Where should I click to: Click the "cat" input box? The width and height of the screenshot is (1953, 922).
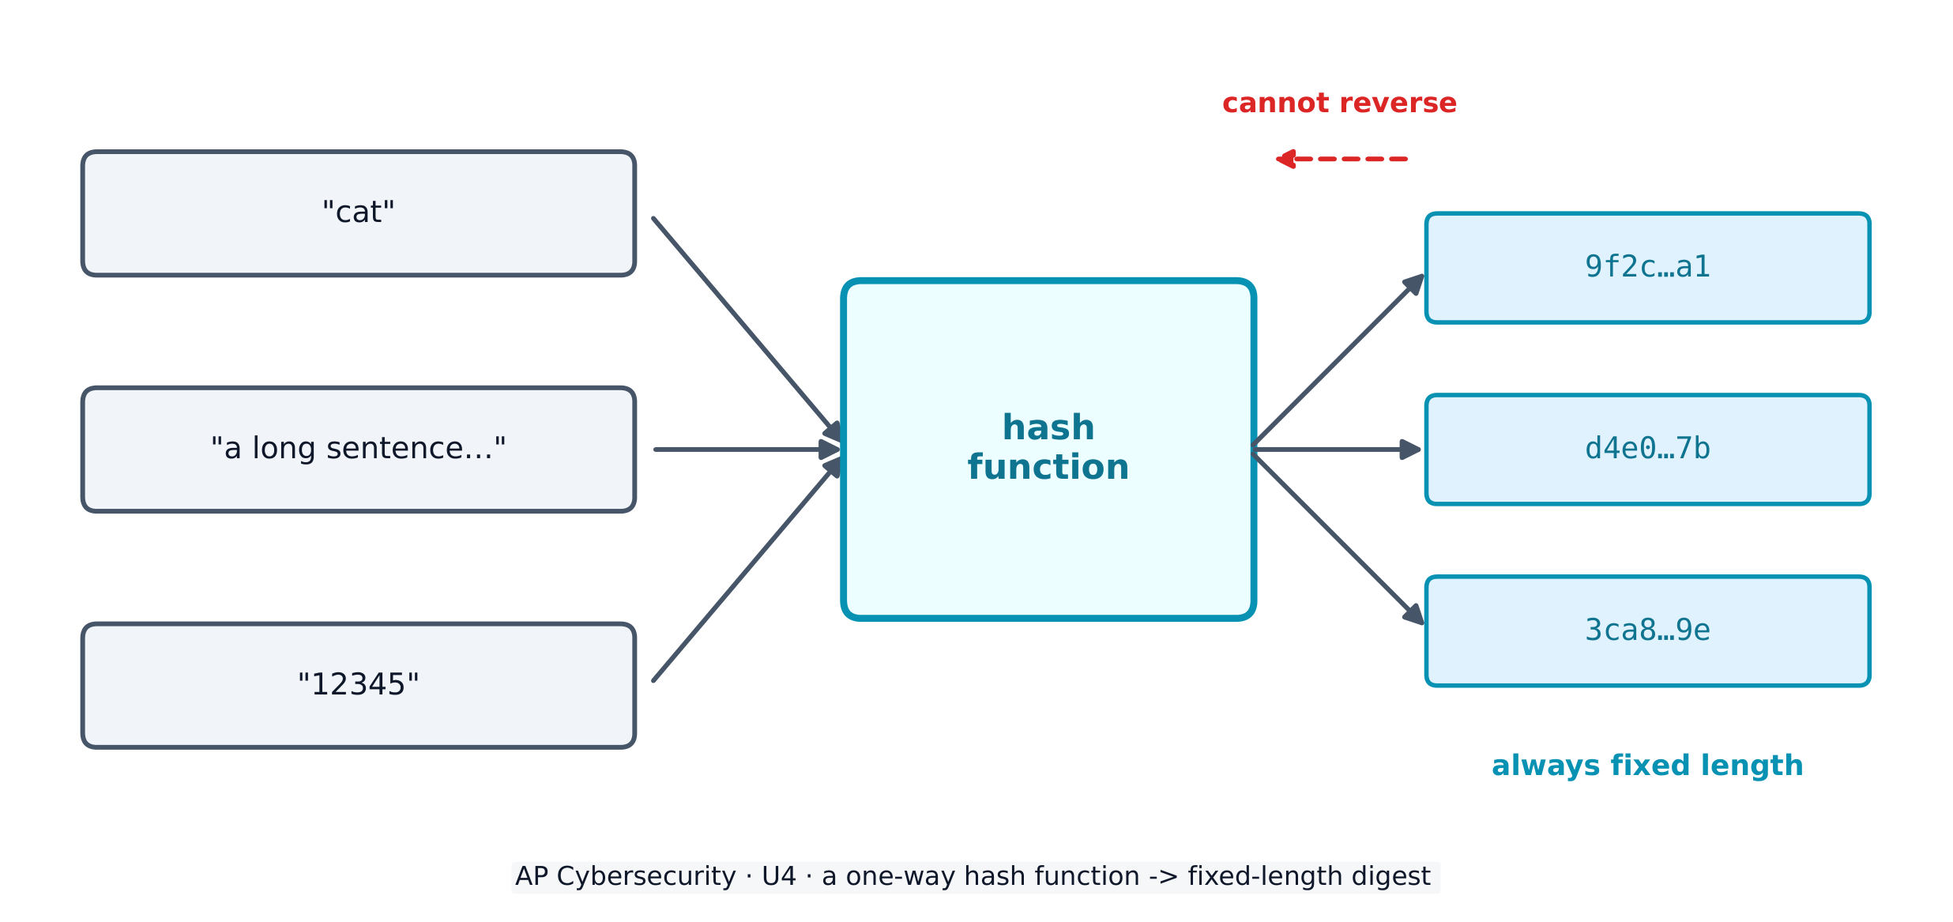point(359,213)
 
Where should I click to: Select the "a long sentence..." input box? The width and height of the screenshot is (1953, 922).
point(359,450)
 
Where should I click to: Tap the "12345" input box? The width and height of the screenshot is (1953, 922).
point(359,686)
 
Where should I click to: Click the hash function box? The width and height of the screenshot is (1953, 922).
point(1048,450)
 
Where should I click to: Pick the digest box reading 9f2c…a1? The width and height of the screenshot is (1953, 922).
point(1648,268)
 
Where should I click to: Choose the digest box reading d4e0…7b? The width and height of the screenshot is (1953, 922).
point(1648,450)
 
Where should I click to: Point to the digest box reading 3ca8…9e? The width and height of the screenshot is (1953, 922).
point(1648,631)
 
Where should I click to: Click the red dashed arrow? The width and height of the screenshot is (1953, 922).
point(1342,159)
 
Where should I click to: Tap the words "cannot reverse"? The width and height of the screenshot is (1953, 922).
point(1339,103)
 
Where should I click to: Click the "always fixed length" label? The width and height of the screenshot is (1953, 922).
point(1647,766)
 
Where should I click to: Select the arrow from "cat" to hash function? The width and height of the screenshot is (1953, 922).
point(747,329)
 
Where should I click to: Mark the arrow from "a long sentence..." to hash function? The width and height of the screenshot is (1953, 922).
point(748,450)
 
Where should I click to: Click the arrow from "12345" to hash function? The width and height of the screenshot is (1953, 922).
point(747,569)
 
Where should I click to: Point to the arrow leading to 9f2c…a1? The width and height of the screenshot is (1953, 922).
point(1339,359)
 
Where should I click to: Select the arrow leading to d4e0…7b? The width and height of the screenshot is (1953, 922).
point(1337,450)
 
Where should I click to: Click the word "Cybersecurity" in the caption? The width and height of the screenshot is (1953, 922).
point(646,877)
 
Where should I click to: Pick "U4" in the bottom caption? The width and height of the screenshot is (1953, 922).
point(779,877)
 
